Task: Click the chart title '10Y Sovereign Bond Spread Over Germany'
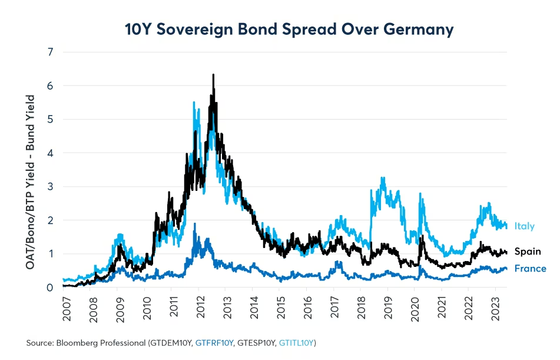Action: point(289,29)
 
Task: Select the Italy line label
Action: point(523,226)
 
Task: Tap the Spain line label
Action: point(527,252)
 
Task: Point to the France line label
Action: point(530,269)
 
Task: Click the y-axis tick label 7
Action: point(51,52)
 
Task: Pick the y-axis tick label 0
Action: point(51,288)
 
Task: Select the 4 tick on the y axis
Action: point(51,153)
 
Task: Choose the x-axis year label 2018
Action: point(360,309)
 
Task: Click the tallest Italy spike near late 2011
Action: point(194,103)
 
